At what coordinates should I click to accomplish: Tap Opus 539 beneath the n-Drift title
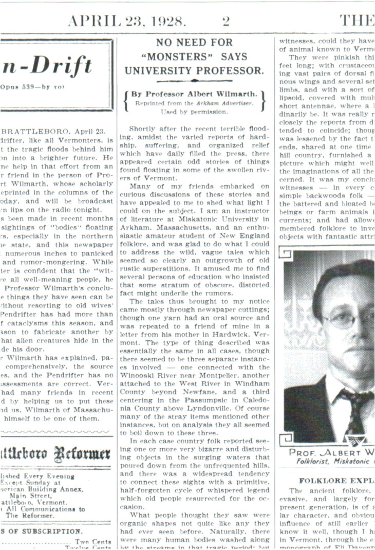[17, 87]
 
